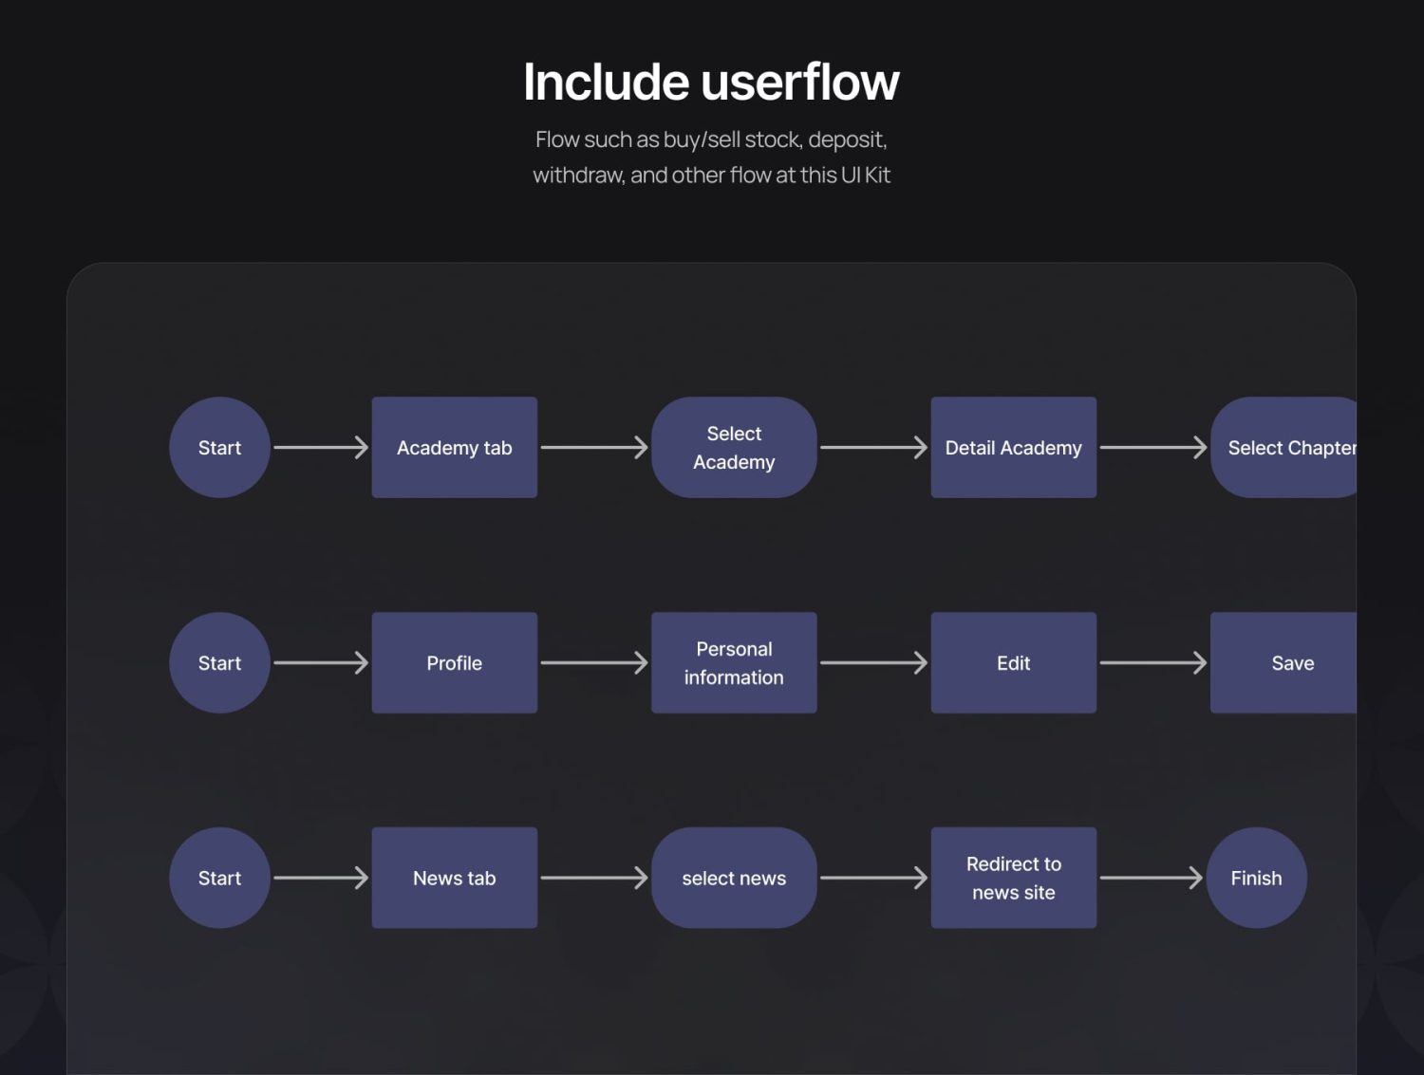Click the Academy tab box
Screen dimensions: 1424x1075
454,448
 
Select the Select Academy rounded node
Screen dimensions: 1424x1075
734,448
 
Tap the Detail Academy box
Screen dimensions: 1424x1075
1013,448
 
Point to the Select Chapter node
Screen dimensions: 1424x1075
1283,448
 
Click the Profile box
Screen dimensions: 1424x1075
454,662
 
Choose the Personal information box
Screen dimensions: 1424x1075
734,662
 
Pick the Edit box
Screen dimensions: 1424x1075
1013,662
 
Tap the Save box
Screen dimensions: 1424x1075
1283,662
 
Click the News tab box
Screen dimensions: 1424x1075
454,878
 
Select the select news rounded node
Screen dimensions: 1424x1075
734,878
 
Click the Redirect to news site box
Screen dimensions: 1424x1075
1013,878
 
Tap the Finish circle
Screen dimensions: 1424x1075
1257,878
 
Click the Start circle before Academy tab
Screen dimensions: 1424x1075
220,448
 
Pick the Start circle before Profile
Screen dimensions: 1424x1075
220,662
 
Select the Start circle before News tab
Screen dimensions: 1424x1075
220,878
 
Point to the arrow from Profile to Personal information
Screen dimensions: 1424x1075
594,662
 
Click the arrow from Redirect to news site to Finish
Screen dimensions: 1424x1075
1152,878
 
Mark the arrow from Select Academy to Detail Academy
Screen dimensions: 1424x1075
874,448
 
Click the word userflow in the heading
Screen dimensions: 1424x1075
800,83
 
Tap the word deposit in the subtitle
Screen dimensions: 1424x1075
847,140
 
